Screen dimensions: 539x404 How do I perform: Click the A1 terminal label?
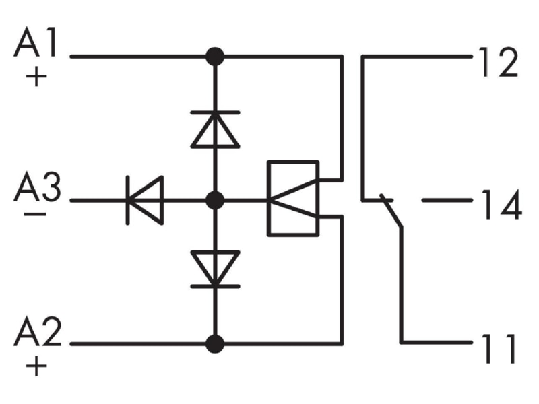36,42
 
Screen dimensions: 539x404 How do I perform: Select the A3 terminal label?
38,187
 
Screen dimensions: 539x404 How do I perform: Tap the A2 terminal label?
38,331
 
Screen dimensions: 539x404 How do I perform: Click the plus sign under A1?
36,77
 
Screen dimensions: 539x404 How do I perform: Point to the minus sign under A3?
35,214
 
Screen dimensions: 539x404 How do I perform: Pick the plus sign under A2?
36,366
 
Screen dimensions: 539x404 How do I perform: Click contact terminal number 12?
499,62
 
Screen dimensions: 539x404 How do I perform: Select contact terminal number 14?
501,205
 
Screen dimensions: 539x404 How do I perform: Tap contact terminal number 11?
499,348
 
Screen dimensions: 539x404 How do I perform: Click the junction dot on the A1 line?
215,57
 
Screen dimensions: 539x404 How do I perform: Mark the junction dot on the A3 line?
215,200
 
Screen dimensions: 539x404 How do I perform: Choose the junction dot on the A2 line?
215,344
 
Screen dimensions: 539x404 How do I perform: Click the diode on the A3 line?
145,200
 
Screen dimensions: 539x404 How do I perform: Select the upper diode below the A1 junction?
215,129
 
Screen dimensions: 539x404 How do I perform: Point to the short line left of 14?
447,199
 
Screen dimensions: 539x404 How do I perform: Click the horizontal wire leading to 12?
417,56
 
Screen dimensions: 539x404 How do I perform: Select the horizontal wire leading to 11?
437,342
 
